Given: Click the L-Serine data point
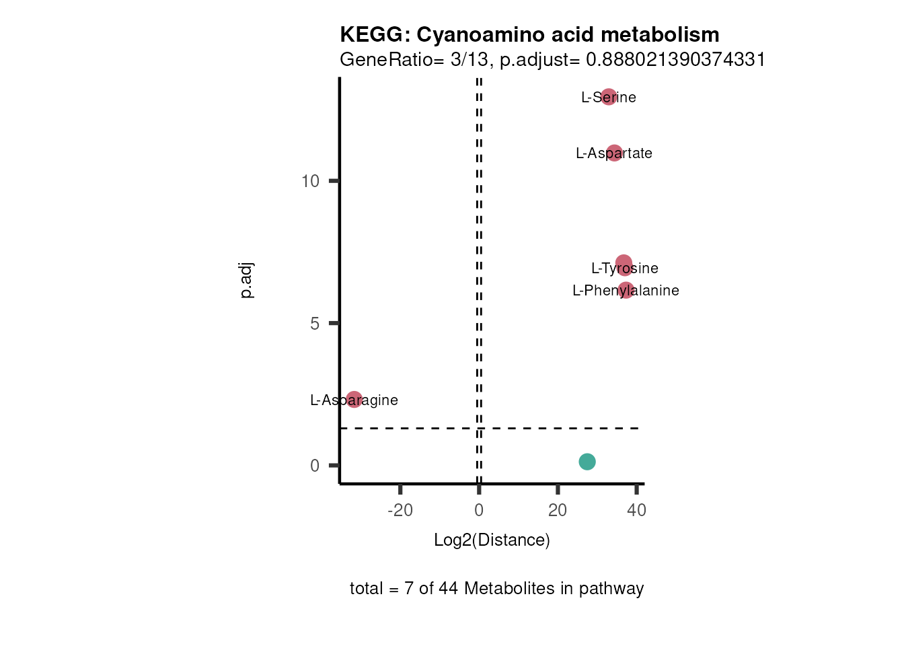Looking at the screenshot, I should (x=609, y=97).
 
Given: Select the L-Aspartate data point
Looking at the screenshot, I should (x=614, y=153).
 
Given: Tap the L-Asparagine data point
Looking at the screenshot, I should (x=354, y=400).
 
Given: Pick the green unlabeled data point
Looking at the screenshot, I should (x=587, y=462).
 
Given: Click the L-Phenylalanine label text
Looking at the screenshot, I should (x=626, y=291).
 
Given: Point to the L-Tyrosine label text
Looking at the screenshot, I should (x=624, y=268).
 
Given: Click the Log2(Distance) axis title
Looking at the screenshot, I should (x=492, y=540).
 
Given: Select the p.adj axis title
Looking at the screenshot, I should (x=247, y=281).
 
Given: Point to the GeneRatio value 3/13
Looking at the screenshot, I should (x=469, y=60).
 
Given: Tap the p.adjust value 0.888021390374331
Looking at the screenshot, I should (x=675, y=60).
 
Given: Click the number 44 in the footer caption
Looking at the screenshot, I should (x=448, y=589).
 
